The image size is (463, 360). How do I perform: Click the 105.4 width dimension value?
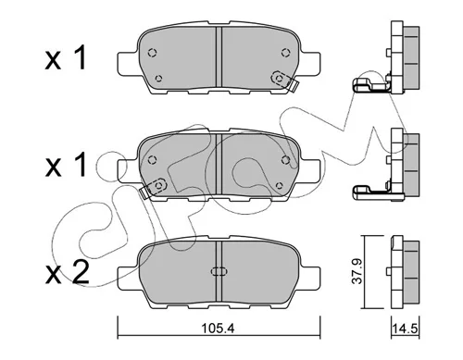(x=218, y=329)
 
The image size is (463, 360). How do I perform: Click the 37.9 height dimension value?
(x=357, y=271)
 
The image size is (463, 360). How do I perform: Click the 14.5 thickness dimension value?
(x=405, y=329)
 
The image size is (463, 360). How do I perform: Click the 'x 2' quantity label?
(x=67, y=273)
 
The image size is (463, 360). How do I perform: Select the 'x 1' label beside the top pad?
(x=65, y=57)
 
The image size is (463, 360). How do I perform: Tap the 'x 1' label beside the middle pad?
(x=65, y=166)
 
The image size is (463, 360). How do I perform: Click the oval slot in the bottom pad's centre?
(x=219, y=271)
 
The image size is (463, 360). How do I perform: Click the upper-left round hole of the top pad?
(x=152, y=53)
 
